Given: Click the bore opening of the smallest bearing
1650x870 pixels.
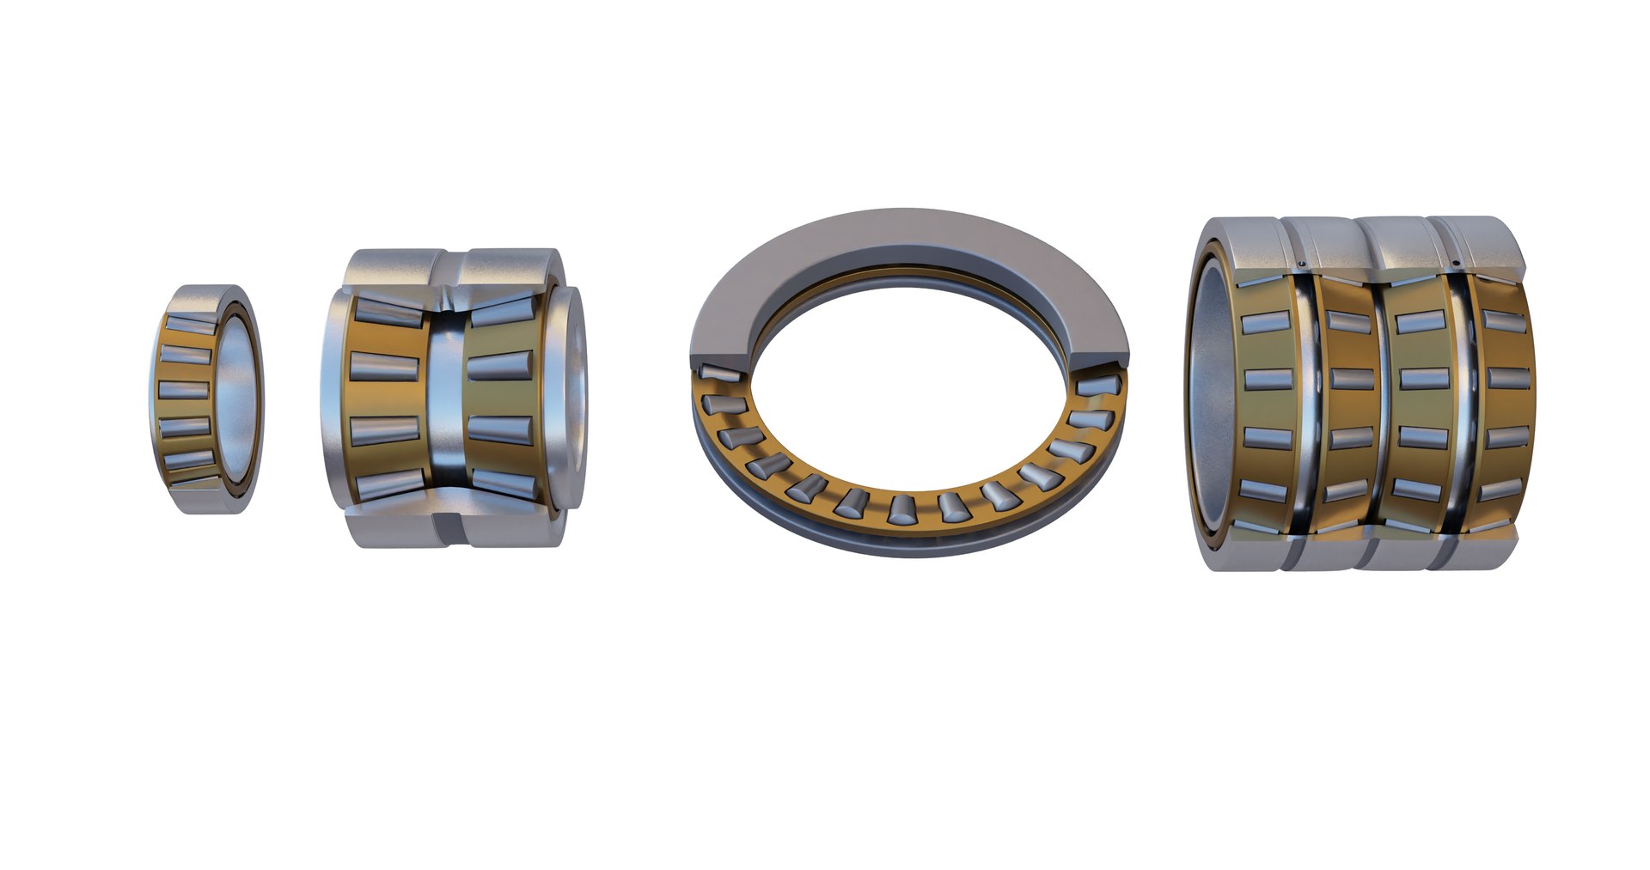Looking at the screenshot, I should click(236, 399).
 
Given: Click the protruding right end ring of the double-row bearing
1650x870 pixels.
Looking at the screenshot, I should click(571, 399).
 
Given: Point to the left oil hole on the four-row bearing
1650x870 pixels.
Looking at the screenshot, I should click(1303, 263).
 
